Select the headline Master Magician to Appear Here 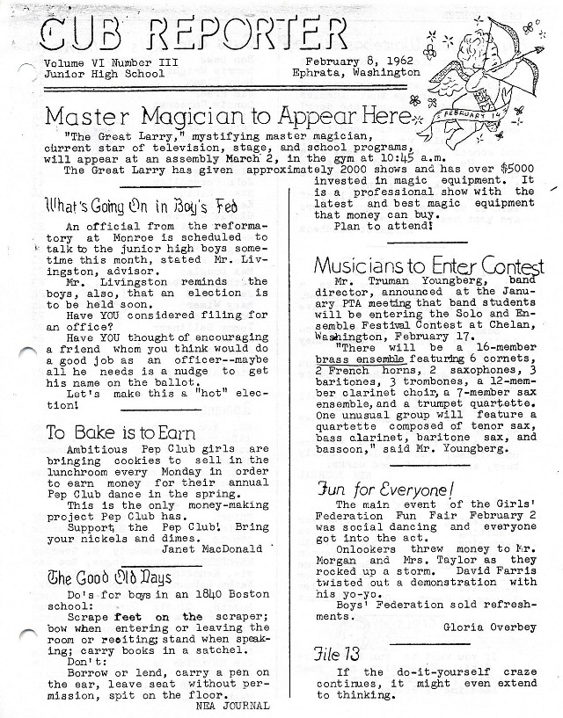[x=227, y=116]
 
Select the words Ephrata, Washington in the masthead [x=356, y=74]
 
